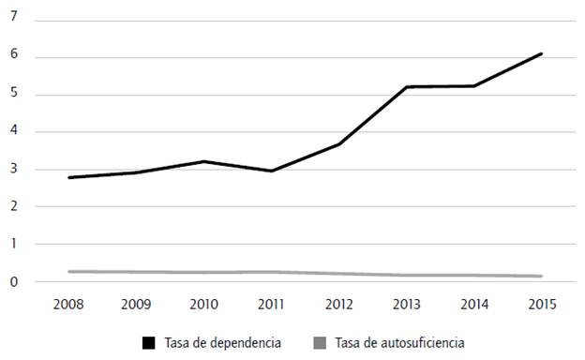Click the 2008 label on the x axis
click(x=69, y=305)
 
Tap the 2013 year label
click(x=407, y=305)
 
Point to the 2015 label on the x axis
click(x=542, y=305)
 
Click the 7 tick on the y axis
click(x=14, y=20)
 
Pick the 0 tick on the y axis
click(x=14, y=282)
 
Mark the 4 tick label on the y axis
click(x=14, y=132)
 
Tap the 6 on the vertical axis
click(x=14, y=57)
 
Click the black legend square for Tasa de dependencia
click(x=149, y=343)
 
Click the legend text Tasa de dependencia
click(x=208, y=343)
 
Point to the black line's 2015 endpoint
click(x=542, y=53)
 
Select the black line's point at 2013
click(x=407, y=87)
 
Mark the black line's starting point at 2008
click(x=69, y=177)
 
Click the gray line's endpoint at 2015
click(x=542, y=276)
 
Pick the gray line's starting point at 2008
click(x=69, y=272)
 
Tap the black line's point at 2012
click(x=339, y=144)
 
